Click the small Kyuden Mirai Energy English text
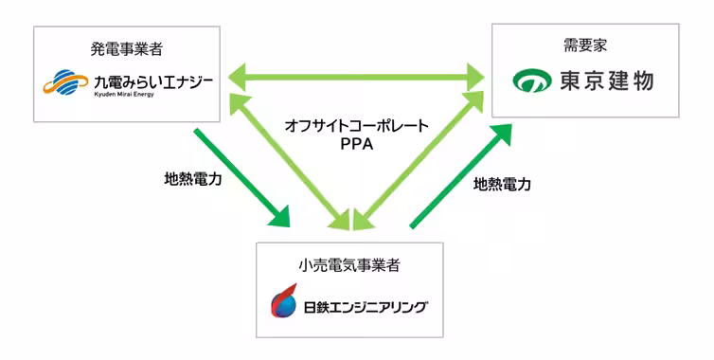coord(129,96)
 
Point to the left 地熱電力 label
coord(194,177)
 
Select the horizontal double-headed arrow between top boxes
coord(357,74)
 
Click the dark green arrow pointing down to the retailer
coord(241,176)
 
